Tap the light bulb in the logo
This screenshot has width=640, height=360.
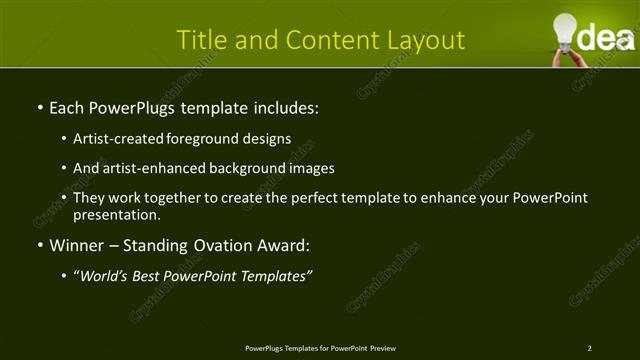pos(566,27)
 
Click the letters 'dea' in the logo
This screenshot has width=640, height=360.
pos(603,39)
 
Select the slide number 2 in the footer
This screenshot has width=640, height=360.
pos(589,348)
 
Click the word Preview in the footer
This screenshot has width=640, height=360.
pos(383,348)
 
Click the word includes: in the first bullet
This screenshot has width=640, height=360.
pos(285,107)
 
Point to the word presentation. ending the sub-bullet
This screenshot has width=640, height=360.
pos(116,214)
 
